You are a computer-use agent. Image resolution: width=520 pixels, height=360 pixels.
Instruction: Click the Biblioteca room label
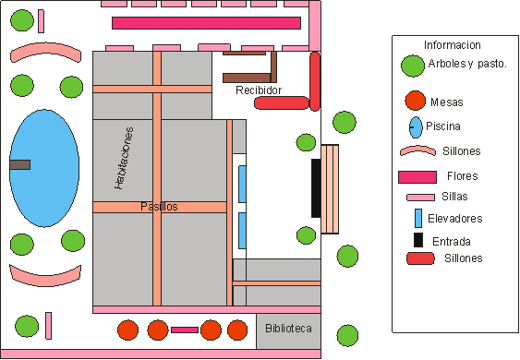pyautogui.click(x=288, y=329)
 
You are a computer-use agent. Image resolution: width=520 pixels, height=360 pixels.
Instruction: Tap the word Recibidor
pyautogui.click(x=259, y=90)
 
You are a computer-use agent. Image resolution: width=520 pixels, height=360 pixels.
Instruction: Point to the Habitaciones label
pyautogui.click(x=124, y=158)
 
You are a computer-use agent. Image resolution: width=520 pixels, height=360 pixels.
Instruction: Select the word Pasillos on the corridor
pyautogui.click(x=159, y=207)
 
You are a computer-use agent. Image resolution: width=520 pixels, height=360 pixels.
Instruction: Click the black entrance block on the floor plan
pyautogui.click(x=316, y=188)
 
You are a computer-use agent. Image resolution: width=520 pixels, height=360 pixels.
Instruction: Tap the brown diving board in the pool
pyautogui.click(x=20, y=164)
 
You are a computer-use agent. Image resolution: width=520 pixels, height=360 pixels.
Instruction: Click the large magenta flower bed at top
pyautogui.click(x=206, y=23)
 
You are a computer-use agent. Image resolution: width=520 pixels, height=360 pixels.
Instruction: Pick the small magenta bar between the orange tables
pyautogui.click(x=185, y=330)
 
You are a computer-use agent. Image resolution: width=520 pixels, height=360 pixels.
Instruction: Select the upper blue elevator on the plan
pyautogui.click(x=242, y=184)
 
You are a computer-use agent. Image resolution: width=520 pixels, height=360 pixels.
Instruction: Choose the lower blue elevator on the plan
pyautogui.click(x=242, y=231)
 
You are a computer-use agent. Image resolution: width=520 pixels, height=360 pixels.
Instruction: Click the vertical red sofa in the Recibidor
pyautogui.click(x=315, y=81)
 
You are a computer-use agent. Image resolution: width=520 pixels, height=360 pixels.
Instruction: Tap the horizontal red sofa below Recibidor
pyautogui.click(x=282, y=102)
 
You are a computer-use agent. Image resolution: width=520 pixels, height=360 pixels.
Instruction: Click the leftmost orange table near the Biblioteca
pyautogui.click(x=127, y=330)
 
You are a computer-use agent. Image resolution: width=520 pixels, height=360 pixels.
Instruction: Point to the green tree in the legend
pyautogui.click(x=413, y=66)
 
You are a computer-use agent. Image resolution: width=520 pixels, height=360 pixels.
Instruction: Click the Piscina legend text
pyautogui.click(x=443, y=126)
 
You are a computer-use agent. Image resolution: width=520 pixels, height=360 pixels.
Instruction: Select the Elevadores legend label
pyautogui.click(x=455, y=219)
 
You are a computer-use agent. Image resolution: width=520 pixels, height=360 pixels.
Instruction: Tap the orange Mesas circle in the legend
pyautogui.click(x=416, y=101)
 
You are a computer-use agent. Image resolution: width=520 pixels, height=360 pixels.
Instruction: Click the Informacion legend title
pyautogui.click(x=453, y=44)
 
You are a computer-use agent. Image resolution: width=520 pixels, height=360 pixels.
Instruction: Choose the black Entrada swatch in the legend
pyautogui.click(x=418, y=240)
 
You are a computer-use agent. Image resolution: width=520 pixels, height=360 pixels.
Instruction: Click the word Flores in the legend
pyautogui.click(x=463, y=175)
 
